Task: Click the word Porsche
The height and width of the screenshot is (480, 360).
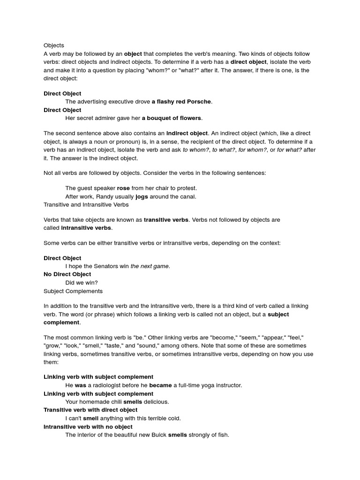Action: (x=199, y=102)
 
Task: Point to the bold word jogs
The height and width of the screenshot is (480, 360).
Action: (x=142, y=196)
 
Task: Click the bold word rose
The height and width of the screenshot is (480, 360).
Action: (x=123, y=188)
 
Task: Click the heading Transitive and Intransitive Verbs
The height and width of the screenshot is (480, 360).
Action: (x=86, y=205)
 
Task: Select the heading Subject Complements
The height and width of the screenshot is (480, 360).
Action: (x=73, y=291)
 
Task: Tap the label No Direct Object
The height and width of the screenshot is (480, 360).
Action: (x=67, y=274)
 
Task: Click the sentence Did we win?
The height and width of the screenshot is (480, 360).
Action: (x=82, y=283)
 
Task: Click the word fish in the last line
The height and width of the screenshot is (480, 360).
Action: (x=222, y=435)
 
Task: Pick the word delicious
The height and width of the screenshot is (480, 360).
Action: (x=156, y=402)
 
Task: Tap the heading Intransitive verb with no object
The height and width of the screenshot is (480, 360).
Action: (x=88, y=427)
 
